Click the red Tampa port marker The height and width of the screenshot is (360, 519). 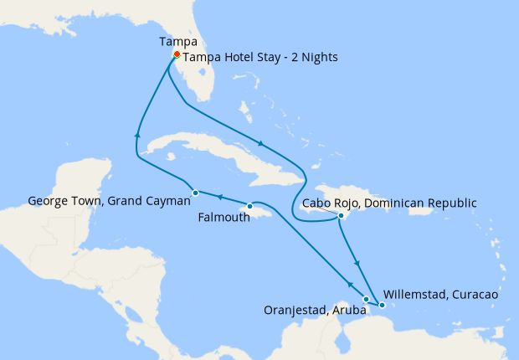177,54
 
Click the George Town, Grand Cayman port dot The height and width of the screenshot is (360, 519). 195,193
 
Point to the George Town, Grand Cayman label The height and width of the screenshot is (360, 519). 105,201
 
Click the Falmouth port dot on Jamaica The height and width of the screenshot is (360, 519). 249,206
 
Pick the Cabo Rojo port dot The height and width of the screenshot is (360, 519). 341,216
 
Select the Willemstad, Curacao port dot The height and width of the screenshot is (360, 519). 382,306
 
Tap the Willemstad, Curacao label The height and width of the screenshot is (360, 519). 440,295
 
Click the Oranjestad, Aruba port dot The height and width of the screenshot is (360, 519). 366,299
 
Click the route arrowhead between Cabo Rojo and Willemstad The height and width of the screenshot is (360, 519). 358,264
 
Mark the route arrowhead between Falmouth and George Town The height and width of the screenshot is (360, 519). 219,198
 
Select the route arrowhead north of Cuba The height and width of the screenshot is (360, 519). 264,143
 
